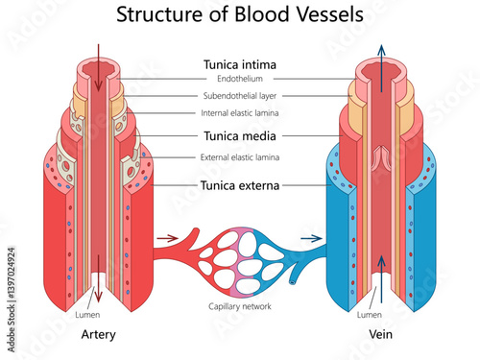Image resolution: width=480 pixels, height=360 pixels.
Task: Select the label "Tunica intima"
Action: [x=240, y=64]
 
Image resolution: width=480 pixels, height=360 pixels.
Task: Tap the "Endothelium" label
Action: [x=240, y=79]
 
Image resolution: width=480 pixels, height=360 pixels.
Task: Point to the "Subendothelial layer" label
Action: [x=240, y=96]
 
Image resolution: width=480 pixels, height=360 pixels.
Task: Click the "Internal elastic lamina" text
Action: [x=240, y=113]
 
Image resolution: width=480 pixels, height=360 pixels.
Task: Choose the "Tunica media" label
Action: [x=240, y=136]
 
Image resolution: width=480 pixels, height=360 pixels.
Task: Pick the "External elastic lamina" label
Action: [x=240, y=156]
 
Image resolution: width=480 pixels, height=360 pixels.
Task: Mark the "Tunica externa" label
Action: [x=240, y=184]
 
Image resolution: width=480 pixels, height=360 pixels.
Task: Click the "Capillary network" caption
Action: [x=240, y=306]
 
